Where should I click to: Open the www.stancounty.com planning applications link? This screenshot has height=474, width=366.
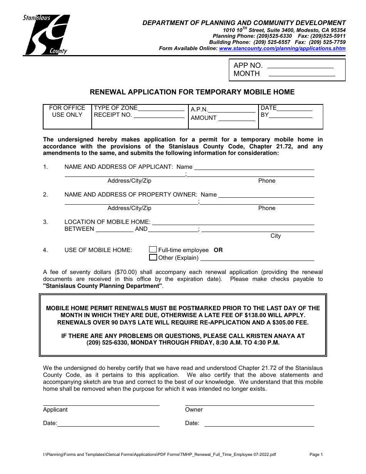click(282, 49)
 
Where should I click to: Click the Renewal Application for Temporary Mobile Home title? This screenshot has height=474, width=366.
click(192, 92)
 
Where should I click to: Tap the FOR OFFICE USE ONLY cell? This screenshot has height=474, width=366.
click(67, 112)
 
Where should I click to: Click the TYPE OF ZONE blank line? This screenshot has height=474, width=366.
click(161, 109)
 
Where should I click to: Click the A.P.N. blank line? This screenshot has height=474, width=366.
click(232, 111)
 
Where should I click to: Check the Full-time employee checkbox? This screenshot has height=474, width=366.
click(153, 250)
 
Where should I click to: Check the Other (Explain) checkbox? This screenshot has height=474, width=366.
click(153, 257)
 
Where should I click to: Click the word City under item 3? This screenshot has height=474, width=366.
click(275, 236)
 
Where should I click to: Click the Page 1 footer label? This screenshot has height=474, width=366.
click(316, 455)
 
